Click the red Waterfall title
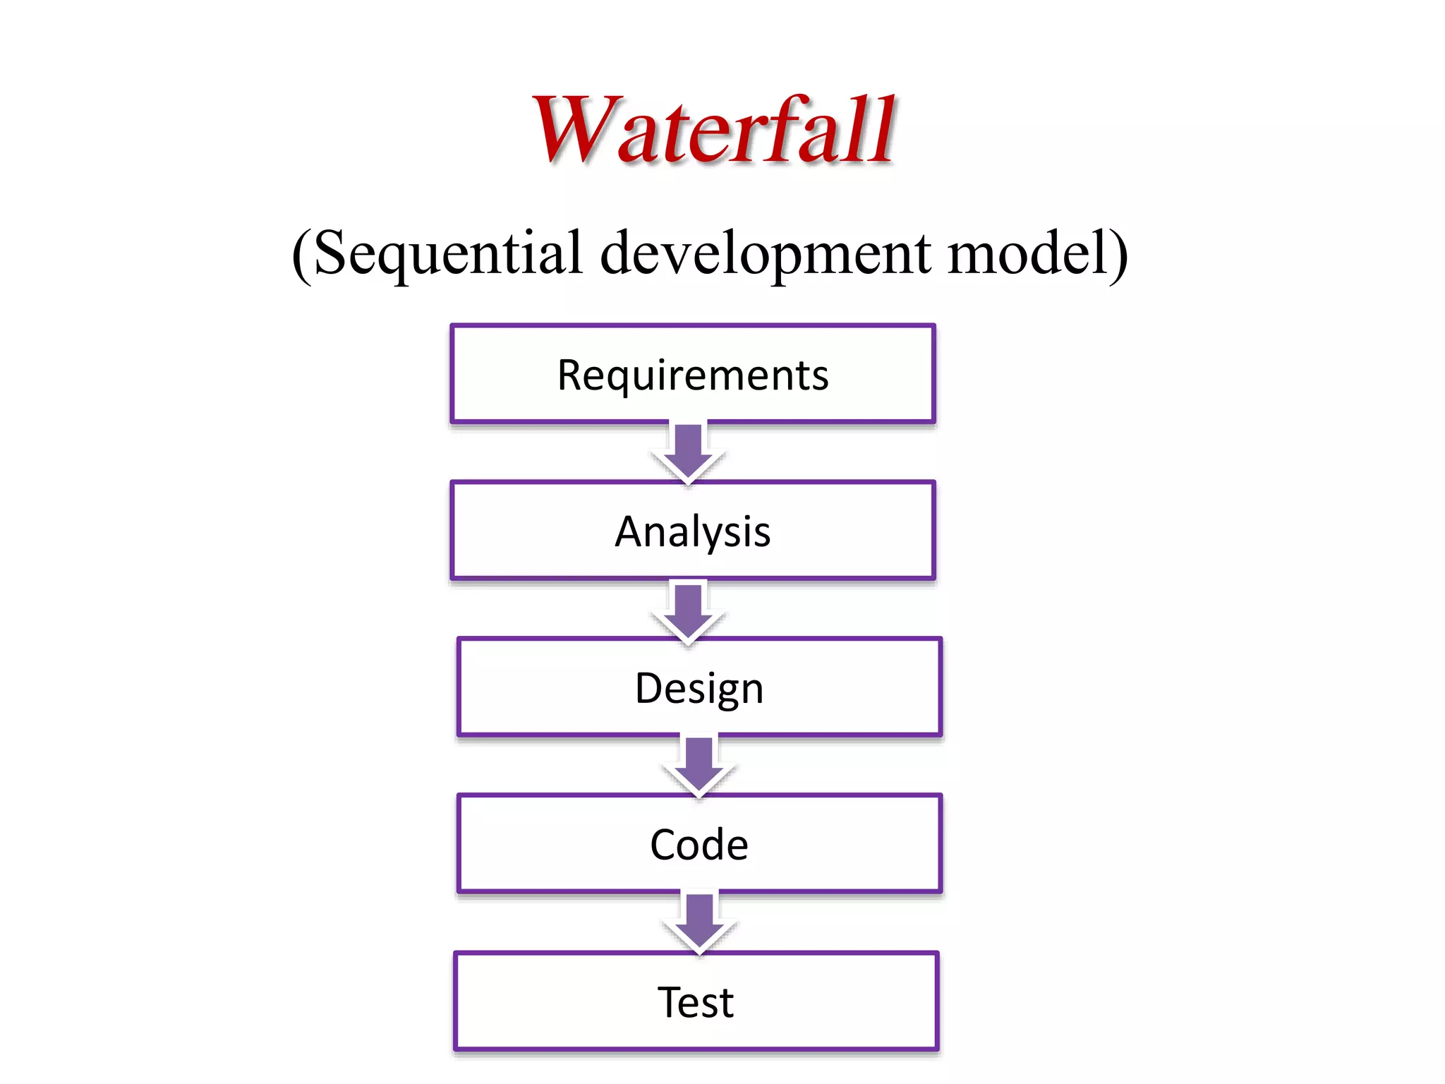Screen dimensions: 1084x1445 pos(714,131)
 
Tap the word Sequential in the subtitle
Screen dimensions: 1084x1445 pos(448,253)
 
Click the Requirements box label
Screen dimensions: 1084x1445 pos(693,375)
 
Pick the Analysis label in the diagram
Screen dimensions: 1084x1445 pos(693,531)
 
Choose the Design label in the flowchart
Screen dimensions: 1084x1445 pos(699,689)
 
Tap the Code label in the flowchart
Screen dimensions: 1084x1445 pos(699,845)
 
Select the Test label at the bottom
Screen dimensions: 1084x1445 pos(696,1002)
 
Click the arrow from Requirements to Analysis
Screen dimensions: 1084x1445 pos(688,452)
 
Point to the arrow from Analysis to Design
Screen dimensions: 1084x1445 pos(688,610)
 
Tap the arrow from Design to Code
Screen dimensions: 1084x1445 pos(699,766)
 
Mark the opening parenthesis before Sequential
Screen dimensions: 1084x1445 pos(301,255)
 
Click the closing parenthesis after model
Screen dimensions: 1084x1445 pos(1118,255)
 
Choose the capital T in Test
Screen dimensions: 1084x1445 pos(671,1001)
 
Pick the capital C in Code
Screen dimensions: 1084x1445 pos(664,845)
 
